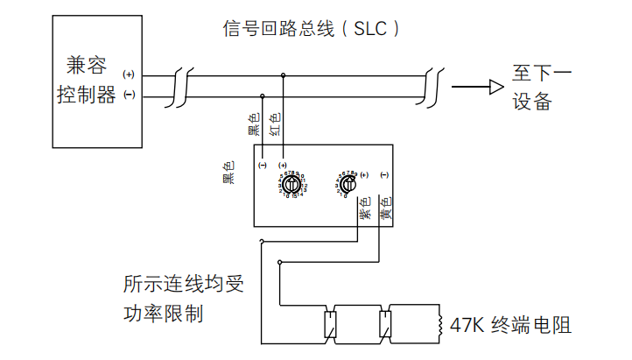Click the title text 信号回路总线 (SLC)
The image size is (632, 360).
pyautogui.click(x=312, y=29)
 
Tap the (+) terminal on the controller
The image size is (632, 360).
pyautogui.click(x=130, y=74)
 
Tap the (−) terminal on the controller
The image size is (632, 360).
pyautogui.click(x=130, y=94)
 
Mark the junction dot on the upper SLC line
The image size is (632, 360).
pyautogui.click(x=283, y=75)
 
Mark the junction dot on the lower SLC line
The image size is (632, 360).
pyautogui.click(x=263, y=95)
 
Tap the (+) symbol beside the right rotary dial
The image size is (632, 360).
pyautogui.click(x=365, y=174)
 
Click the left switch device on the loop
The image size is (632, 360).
pyautogui.click(x=330, y=323)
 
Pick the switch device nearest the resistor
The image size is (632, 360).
pyautogui.click(x=384, y=323)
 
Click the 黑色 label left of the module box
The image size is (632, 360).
pyautogui.click(x=228, y=172)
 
